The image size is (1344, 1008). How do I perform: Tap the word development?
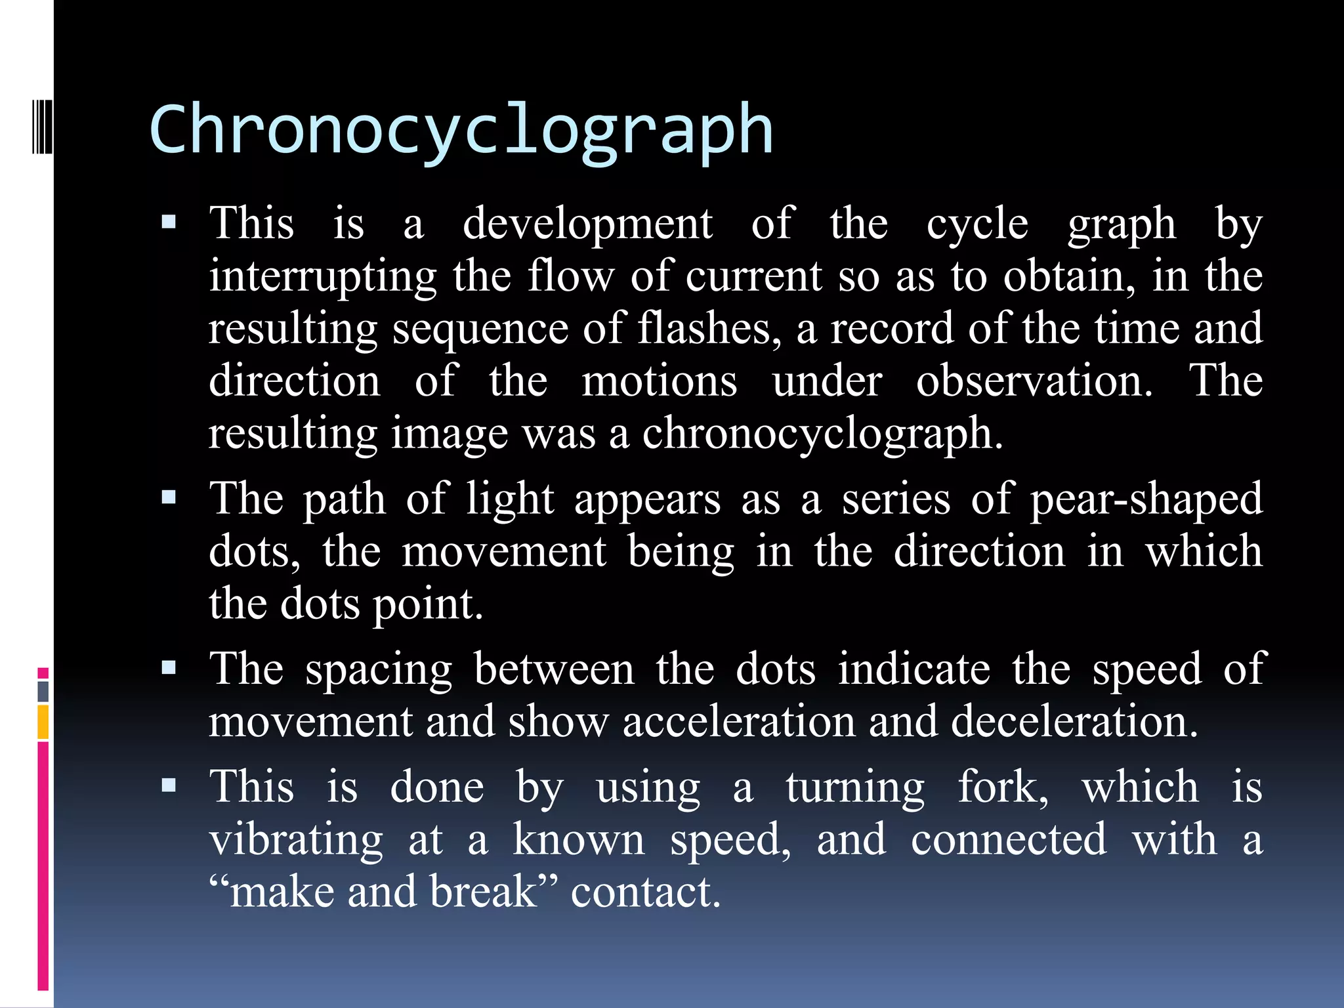coord(587,224)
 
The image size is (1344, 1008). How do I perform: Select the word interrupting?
coord(323,277)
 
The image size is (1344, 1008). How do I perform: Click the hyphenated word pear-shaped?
coord(1146,499)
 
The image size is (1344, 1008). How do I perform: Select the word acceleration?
coord(739,722)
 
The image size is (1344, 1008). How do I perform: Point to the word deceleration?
coord(1074,722)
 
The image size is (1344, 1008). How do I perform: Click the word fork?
coord(1002,787)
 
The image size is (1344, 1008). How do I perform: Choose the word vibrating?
coord(296,840)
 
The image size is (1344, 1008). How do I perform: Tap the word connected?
coord(1009,840)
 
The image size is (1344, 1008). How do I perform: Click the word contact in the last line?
coord(646,892)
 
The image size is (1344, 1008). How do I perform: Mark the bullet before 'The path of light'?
coord(169,497)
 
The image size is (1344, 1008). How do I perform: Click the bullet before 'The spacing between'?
coord(169,668)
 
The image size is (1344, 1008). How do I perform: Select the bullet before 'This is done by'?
coord(169,786)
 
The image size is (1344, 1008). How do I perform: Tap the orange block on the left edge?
coord(43,722)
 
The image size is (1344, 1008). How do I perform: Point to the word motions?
coord(659,381)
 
